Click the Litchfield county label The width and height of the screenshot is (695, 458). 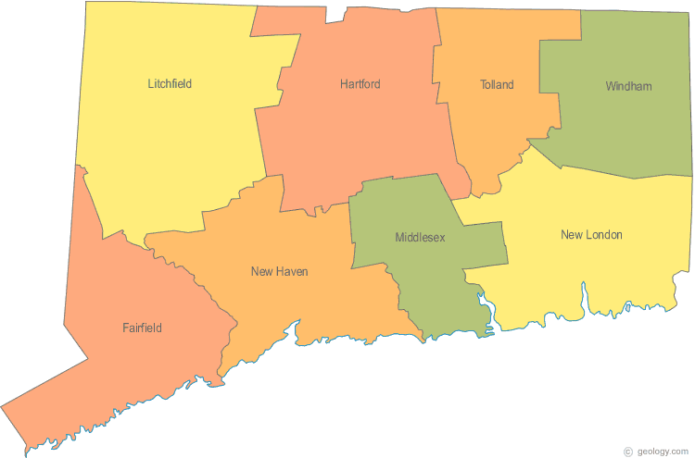[170, 84]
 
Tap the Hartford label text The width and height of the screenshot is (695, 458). [360, 84]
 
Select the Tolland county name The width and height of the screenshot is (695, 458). [497, 85]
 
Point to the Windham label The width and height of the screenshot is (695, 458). [628, 87]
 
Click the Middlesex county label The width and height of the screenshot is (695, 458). [420, 238]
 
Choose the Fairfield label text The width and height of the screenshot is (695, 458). [142, 328]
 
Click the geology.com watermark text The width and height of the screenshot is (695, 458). [663, 451]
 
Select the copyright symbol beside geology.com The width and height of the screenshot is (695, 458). [628, 451]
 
